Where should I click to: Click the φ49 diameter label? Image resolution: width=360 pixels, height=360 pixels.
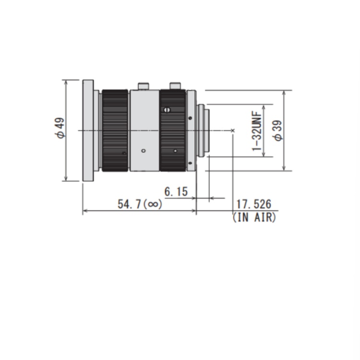(60, 128)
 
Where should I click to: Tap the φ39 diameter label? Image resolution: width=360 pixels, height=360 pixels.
(278, 130)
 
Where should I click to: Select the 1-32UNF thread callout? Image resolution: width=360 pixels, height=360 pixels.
(257, 131)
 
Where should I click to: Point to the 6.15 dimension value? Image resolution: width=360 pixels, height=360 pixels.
(176, 192)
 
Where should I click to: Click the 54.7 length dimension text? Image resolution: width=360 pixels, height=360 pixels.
(129, 204)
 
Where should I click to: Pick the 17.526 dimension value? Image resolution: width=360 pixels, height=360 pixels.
(253, 204)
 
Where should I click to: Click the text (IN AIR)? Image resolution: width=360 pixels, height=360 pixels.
(254, 217)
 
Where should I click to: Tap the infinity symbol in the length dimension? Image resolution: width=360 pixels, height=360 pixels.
(153, 204)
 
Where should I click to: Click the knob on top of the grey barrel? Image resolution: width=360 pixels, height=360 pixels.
(144, 86)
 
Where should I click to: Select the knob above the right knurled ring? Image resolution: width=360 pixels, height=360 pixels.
(175, 86)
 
